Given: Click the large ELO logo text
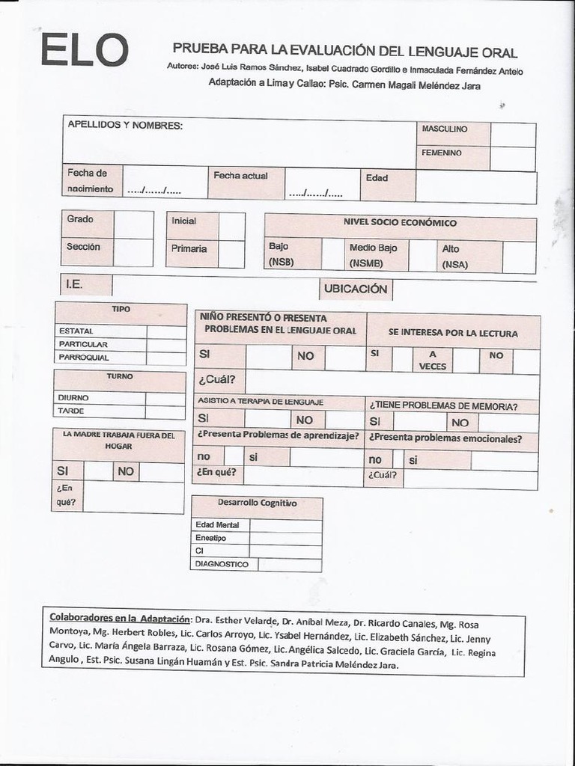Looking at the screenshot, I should (85, 50).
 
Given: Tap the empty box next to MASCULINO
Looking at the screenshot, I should (513, 135).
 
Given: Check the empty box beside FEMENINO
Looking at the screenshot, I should (513, 159).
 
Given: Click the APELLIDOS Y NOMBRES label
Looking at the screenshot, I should (125, 126).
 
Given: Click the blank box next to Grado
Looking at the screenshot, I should (133, 224).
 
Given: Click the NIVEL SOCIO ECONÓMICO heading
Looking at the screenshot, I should (400, 223).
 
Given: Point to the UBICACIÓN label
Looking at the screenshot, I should (356, 289).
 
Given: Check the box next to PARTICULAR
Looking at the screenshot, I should (166, 345).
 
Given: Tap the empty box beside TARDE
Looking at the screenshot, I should (165, 411).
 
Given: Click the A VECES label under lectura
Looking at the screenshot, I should (433, 361).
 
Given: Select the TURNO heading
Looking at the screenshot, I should (120, 377).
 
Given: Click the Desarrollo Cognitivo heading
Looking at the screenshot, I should (257, 503).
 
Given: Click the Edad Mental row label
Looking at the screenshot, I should (218, 525).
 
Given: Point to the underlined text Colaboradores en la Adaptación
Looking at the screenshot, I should (120, 618).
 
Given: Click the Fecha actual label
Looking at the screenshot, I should (240, 176).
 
